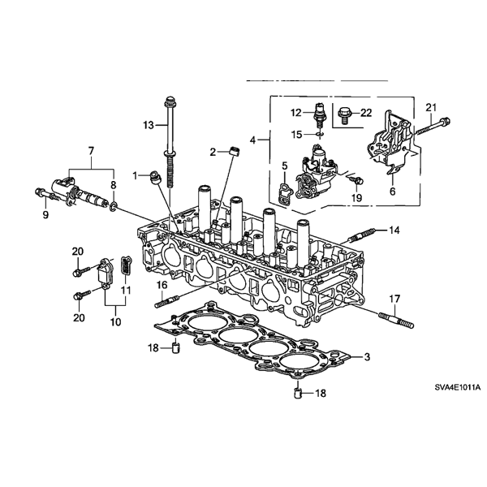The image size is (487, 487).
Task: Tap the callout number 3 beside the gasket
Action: click(x=367, y=357)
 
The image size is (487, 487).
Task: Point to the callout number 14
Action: click(x=393, y=231)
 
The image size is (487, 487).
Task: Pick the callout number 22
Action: click(x=367, y=113)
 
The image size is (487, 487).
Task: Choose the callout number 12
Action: click(x=296, y=112)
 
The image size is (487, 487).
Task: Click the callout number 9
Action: click(x=45, y=215)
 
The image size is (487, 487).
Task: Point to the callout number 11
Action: click(x=126, y=290)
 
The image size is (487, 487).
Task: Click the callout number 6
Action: click(x=393, y=192)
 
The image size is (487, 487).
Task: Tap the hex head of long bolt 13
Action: click(x=170, y=102)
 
